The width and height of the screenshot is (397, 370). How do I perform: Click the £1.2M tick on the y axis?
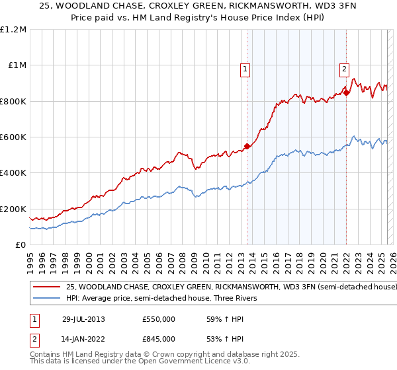tap(15, 29)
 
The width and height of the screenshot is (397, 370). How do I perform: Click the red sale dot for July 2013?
tap(247, 146)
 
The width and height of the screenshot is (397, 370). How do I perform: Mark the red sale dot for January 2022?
tap(346, 93)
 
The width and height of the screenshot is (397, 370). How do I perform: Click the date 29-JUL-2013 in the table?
tap(83, 319)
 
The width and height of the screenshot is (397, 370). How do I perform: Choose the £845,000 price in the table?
tap(159, 339)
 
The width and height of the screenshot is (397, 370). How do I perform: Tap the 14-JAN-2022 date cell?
tap(83, 339)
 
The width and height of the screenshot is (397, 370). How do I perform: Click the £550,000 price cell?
tap(159, 319)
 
